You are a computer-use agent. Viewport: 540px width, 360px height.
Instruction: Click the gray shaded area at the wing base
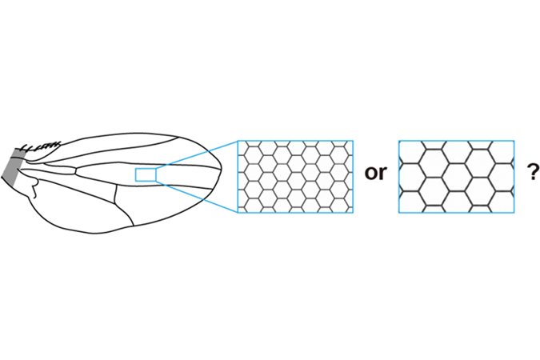[x=14, y=166]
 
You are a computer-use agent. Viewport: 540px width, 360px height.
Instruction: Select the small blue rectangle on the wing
[x=146, y=174]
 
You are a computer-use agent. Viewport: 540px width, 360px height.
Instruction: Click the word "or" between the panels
[x=376, y=172]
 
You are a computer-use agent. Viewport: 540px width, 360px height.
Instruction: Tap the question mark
[x=534, y=171]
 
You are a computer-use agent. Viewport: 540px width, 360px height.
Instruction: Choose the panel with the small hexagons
[x=295, y=176]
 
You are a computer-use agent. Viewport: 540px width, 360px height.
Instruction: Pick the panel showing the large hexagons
[x=456, y=176]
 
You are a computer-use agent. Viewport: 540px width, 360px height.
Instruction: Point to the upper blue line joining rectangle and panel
[x=197, y=154]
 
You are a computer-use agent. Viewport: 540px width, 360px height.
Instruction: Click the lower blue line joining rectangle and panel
[x=197, y=197]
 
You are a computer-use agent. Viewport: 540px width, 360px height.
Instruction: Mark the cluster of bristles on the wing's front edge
[x=41, y=146]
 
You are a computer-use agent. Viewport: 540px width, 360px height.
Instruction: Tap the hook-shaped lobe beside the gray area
[x=34, y=187]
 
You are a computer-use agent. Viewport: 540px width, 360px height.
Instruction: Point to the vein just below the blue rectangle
[x=145, y=185]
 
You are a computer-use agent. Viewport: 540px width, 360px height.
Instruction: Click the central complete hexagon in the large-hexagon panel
[x=456, y=177]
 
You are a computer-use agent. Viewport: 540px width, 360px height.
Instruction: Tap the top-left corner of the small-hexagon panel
[x=238, y=140]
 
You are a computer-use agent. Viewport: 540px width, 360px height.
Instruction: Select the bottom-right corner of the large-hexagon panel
[x=514, y=213]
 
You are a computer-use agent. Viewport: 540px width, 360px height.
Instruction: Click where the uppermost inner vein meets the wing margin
[x=179, y=137]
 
